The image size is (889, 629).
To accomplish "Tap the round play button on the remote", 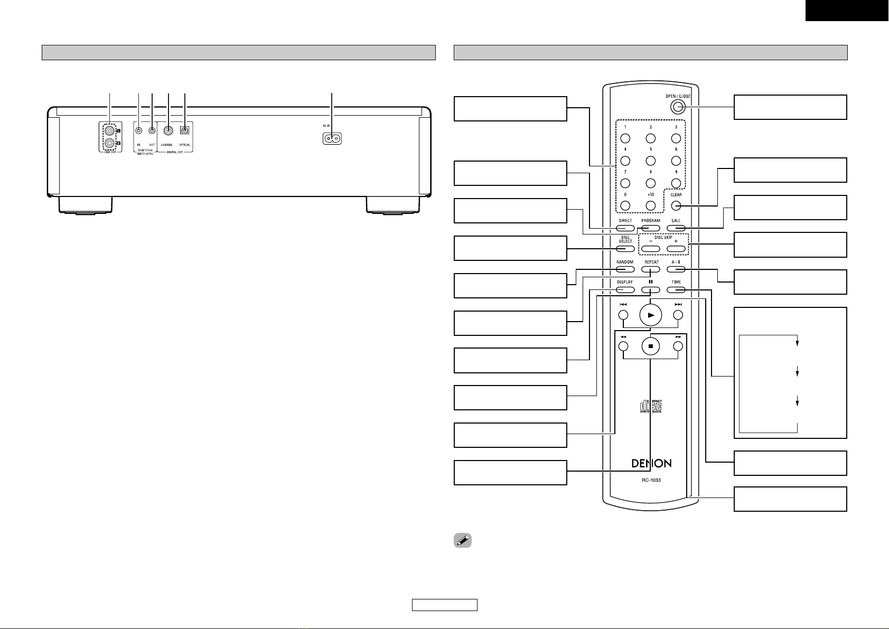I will point(651,315).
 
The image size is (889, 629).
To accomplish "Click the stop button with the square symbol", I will point(651,346).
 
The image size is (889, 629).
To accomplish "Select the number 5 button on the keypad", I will point(651,161).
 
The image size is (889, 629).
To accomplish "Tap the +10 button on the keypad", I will point(651,206).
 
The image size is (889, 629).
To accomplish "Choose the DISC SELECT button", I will point(625,249).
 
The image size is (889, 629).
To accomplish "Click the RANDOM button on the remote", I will point(625,269).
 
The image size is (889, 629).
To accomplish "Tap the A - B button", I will point(676,269).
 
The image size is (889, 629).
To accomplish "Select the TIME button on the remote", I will point(676,289).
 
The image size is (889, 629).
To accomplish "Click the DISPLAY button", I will point(625,289).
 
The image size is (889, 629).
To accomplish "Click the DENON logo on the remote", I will point(651,463).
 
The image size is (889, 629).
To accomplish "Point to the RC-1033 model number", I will point(651,480).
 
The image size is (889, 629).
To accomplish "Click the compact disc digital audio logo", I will point(651,407).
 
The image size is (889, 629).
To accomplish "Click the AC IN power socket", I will point(332,138).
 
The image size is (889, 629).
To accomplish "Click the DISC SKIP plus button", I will point(676,249).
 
